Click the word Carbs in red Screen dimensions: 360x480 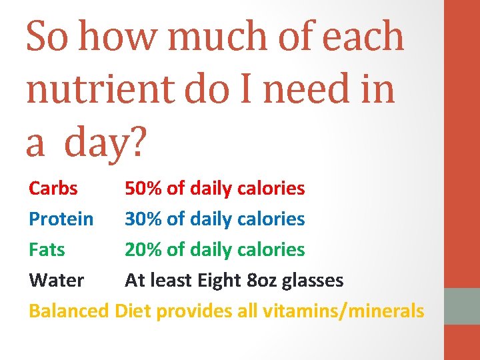point(53,189)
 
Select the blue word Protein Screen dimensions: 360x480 point(61,219)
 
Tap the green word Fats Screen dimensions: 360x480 point(47,250)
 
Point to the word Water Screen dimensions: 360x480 point(56,281)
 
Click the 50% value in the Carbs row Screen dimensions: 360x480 point(144,189)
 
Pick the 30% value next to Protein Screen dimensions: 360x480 point(144,219)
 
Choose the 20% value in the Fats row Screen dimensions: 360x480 point(144,250)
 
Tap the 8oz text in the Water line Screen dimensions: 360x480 point(262,281)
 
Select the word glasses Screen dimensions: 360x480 point(313,281)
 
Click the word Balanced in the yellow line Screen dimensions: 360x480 point(69,311)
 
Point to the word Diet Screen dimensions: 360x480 point(133,311)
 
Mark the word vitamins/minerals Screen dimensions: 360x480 point(343,311)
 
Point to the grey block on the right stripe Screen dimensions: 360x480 point(462,306)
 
